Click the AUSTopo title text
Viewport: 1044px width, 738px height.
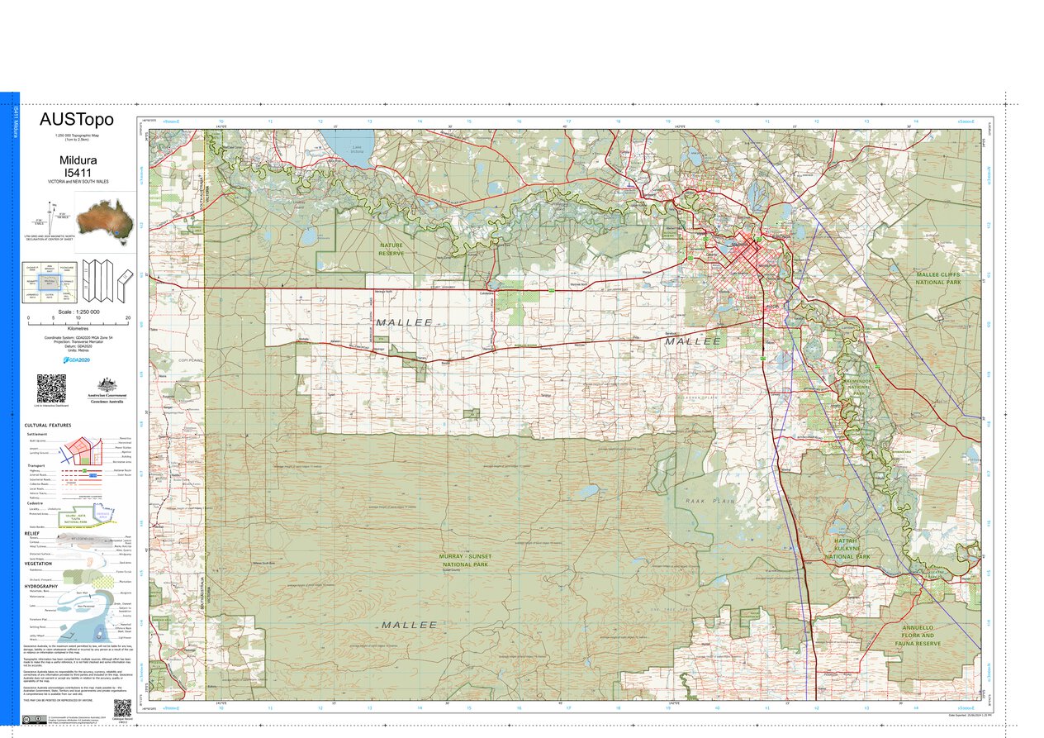77,121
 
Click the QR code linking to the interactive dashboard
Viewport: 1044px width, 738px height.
50,388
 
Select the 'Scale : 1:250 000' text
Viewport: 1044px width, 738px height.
78,312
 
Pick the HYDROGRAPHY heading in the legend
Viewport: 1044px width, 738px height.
42,585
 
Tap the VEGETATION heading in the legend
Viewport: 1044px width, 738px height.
39,564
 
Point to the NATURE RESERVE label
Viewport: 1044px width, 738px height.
391,249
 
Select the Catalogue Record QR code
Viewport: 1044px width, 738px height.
121,708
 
